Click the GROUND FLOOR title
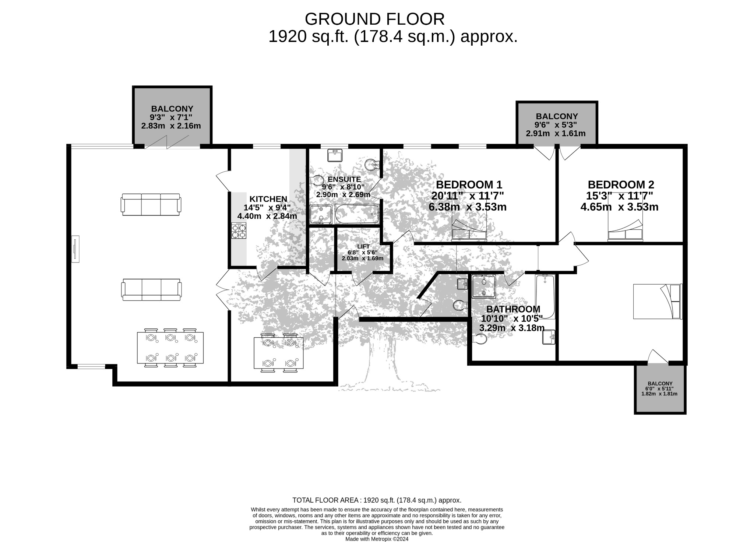coord(374,19)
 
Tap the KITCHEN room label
coord(268,199)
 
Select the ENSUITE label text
coord(344,179)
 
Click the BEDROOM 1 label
coord(469,184)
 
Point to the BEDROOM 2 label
coord(621,184)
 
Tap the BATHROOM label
coord(513,309)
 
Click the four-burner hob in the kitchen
coord(239,230)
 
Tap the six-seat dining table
coord(170,348)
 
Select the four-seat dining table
coord(279,353)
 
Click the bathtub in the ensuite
coord(357,214)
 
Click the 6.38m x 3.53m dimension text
coord(468,207)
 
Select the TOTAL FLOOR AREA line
coord(377,500)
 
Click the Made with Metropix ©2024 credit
coord(377,539)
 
